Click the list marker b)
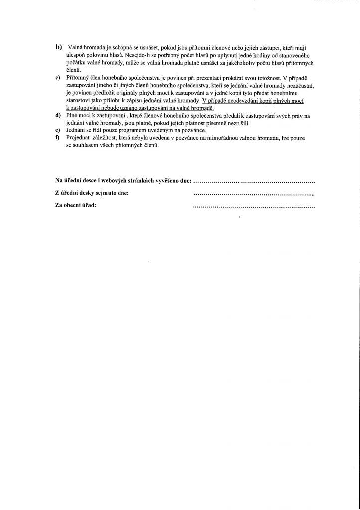pyautogui.click(x=58, y=47)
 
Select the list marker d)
pyautogui.click(x=58, y=116)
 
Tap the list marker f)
pyautogui.click(x=58, y=140)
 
